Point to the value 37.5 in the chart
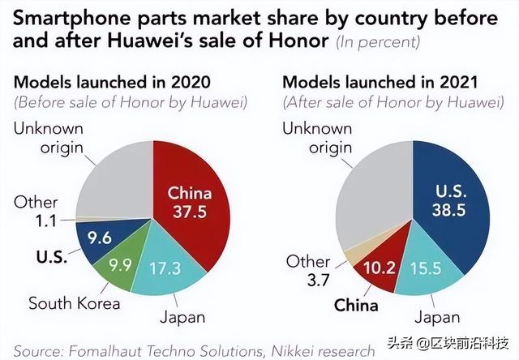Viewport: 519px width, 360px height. tap(189, 211)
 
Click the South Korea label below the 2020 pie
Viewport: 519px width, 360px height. tap(75, 303)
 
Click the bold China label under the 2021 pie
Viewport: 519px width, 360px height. tap(356, 305)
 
